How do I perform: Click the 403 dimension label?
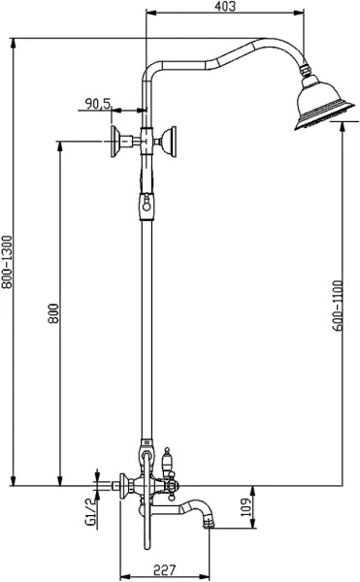tap(225, 6)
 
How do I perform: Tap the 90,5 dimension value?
tap(98, 103)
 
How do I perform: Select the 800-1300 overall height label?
tap(7, 262)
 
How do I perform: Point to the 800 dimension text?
tap(53, 313)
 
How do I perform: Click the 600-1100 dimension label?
tap(338, 306)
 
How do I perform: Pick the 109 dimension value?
tap(245, 506)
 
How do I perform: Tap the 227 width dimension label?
tap(164, 569)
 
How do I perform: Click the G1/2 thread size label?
tap(90, 512)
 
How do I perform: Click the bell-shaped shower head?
tap(324, 104)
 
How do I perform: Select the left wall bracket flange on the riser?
tap(115, 142)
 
